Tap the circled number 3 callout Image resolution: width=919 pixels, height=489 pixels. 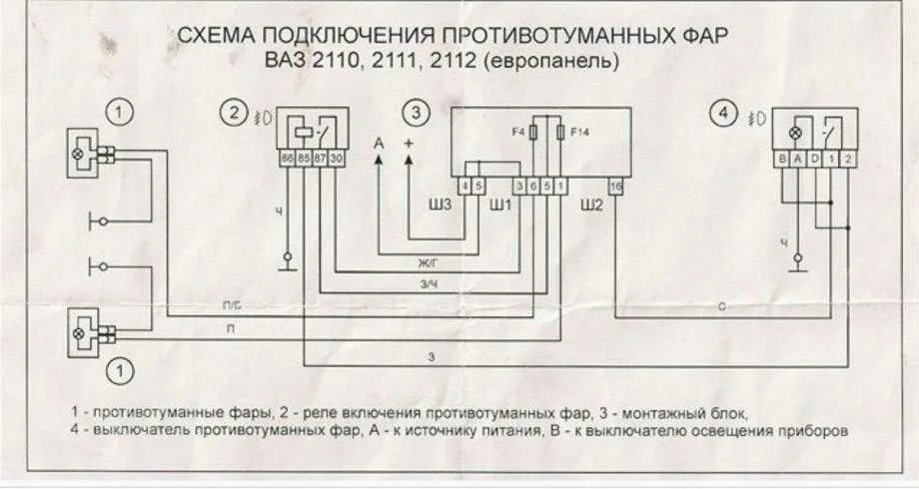click(418, 113)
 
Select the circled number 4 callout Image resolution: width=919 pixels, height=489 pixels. click(722, 114)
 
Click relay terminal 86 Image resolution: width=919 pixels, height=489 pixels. click(288, 158)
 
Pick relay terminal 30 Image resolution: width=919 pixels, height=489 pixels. click(337, 158)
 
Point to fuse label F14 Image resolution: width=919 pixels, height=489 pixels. click(579, 132)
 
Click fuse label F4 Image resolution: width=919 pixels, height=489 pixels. click(517, 132)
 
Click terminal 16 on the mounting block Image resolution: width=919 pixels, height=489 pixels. click(616, 186)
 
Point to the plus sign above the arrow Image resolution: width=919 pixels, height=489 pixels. click(408, 145)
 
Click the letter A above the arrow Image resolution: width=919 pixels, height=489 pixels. click(379, 145)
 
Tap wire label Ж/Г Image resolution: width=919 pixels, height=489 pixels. click(427, 264)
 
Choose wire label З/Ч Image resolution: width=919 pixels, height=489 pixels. click(427, 284)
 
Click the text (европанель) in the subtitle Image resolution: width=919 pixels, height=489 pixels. click(553, 61)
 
